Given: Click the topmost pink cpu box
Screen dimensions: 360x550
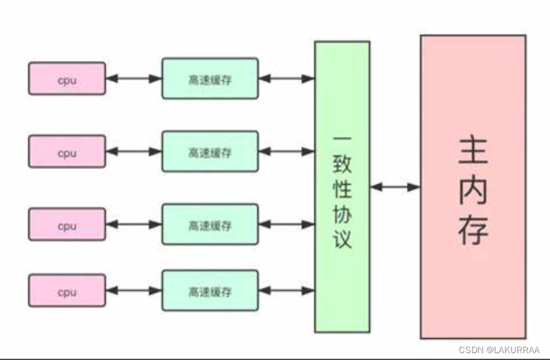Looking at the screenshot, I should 67,78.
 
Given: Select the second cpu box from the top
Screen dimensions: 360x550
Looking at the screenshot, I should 67,152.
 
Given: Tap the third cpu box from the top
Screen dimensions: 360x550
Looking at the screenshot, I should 67,224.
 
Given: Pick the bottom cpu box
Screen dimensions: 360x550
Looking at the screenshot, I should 67,291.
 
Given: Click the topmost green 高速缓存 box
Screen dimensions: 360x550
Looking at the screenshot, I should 210,78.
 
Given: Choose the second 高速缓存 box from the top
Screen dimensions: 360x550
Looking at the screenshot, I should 210,152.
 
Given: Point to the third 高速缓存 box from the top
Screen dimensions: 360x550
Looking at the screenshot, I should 210,224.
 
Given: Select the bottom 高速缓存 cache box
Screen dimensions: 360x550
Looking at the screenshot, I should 210,291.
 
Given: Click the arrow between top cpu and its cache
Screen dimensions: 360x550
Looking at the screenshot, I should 134,78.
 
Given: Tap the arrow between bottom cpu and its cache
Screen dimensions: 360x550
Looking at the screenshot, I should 134,291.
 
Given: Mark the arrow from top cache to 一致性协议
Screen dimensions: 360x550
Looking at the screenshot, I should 286,78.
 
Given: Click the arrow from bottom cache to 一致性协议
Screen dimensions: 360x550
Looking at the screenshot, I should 286,291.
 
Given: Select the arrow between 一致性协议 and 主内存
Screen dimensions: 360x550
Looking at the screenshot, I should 395,186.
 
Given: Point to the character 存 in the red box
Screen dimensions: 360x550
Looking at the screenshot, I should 473,230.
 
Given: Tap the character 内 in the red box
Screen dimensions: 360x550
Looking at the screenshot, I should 473,190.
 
